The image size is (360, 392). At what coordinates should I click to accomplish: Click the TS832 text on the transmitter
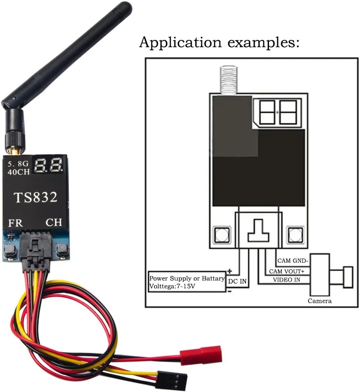click(36, 197)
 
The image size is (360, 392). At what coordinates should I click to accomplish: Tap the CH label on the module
click(54, 222)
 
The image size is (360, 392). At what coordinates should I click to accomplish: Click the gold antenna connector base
click(15, 149)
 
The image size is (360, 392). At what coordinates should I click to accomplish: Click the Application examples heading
click(219, 42)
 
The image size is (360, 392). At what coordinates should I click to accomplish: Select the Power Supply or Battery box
click(187, 282)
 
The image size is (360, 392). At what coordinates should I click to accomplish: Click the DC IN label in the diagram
click(238, 282)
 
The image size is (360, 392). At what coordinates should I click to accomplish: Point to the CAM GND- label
click(293, 261)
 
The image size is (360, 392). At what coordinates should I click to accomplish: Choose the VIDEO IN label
click(286, 280)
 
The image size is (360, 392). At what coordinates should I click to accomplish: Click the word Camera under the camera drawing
click(320, 301)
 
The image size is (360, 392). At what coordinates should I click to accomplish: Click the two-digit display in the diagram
click(277, 112)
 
